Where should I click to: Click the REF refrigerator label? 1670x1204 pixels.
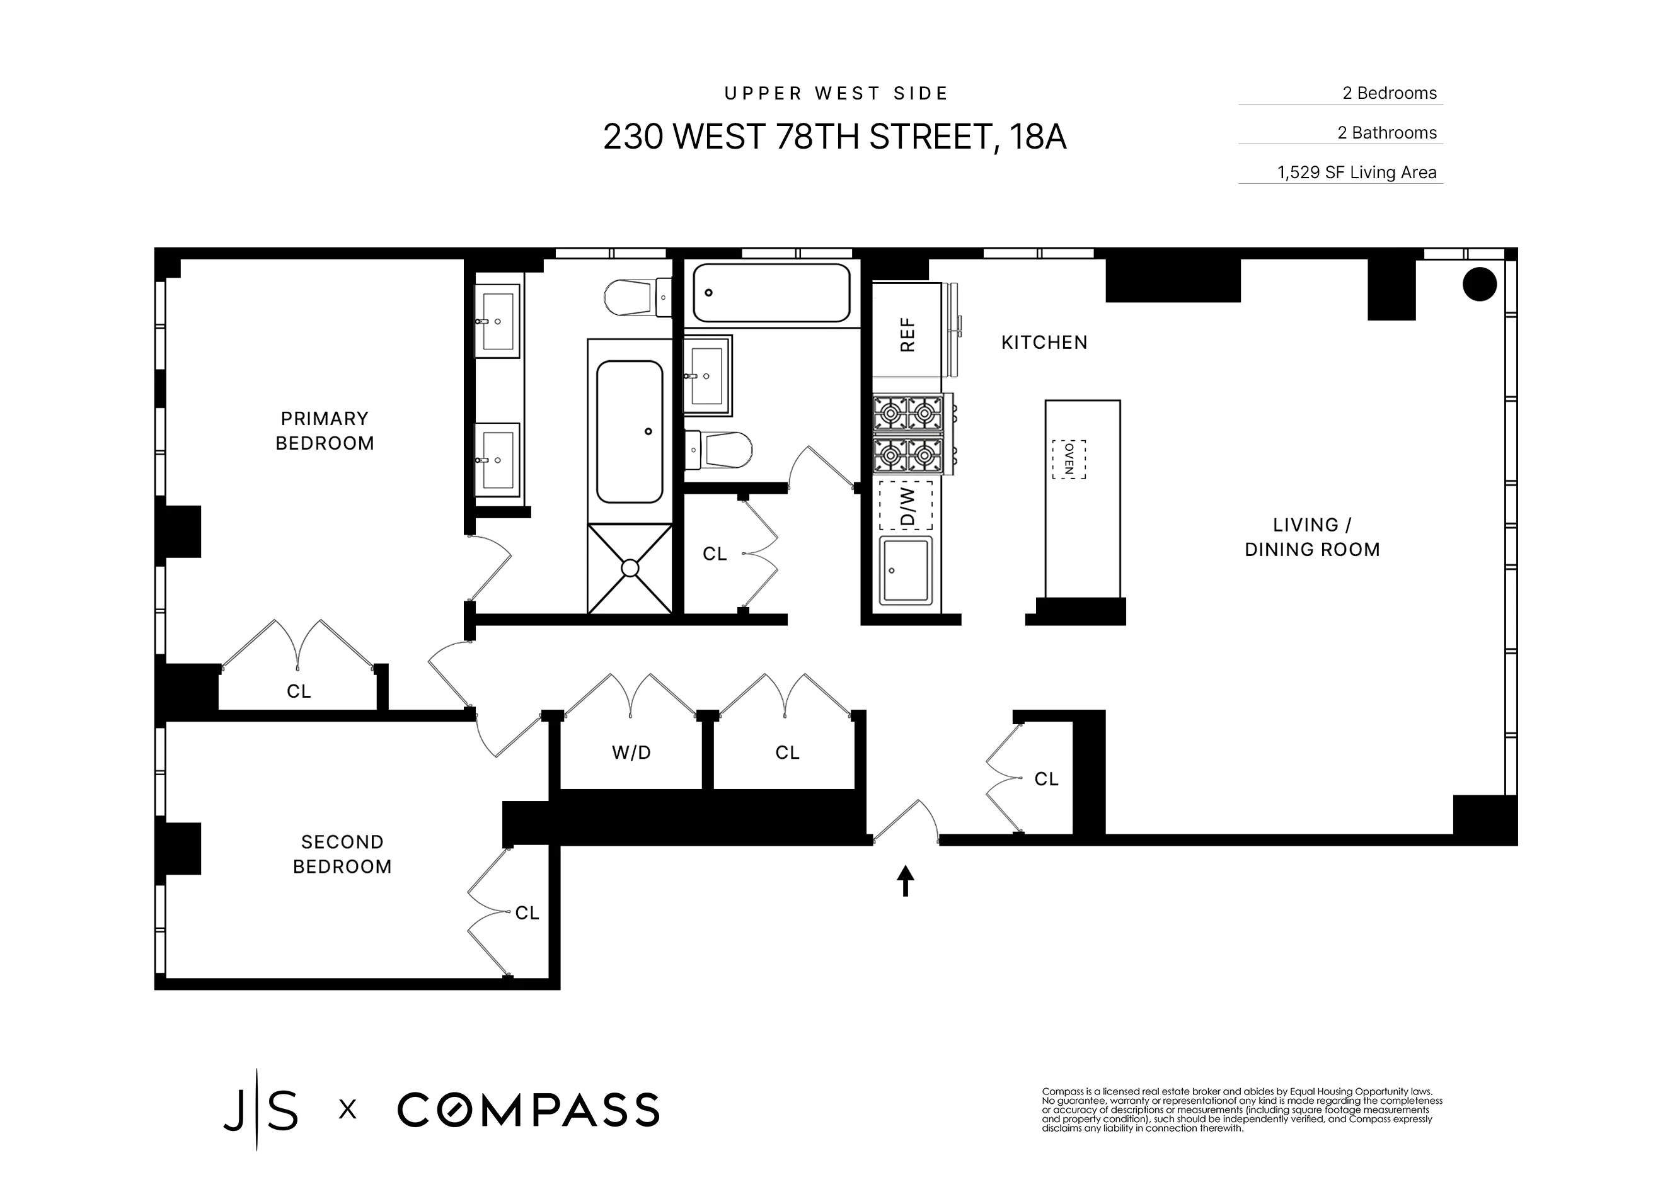907,335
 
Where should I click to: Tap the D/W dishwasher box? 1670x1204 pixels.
906,506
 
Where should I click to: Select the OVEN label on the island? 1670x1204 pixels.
1068,459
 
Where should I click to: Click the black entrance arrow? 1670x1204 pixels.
905,881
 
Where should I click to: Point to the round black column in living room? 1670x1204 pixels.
1479,284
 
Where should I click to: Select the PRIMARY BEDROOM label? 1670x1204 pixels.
325,431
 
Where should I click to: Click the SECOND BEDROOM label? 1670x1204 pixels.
342,855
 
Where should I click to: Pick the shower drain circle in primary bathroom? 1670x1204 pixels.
630,568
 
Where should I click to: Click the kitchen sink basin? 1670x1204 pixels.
906,571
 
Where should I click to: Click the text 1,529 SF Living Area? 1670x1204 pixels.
1356,172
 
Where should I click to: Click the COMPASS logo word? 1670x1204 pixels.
528,1110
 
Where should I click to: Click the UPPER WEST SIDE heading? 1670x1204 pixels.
836,93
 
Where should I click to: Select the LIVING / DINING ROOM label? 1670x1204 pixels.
1311,537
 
